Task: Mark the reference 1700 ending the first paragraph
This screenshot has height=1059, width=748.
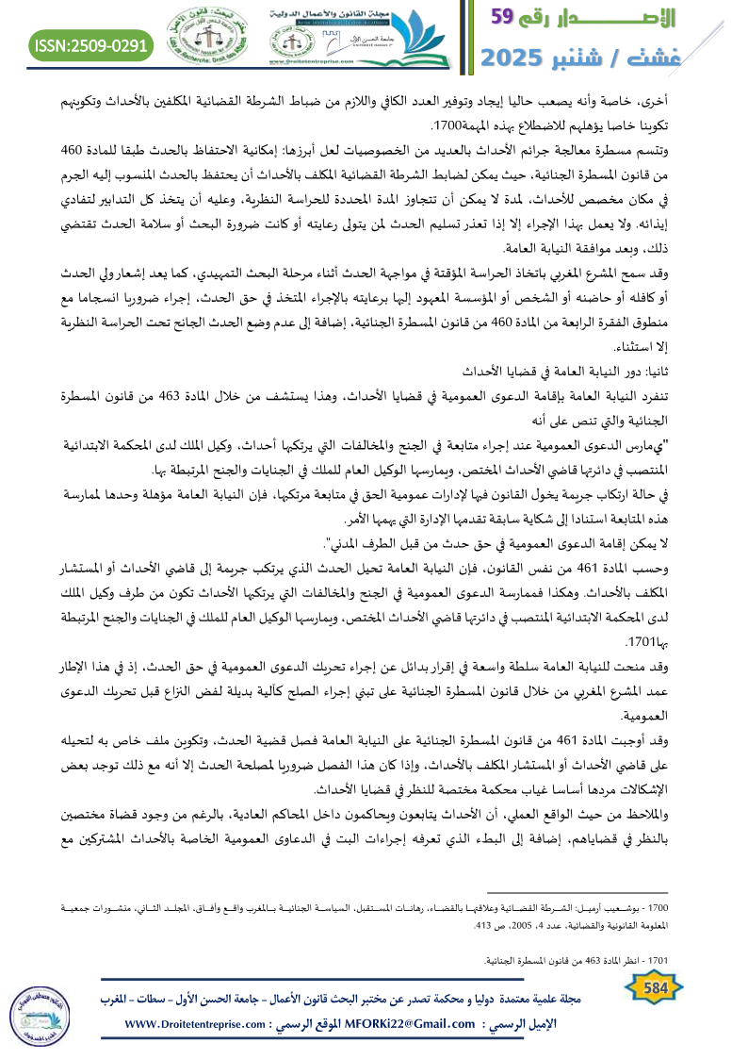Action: pyautogui.click(x=445, y=125)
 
